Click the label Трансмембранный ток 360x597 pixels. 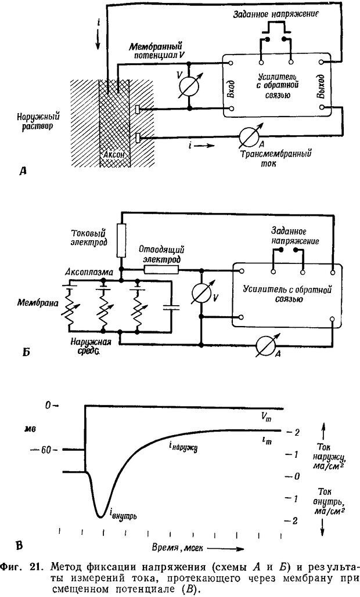pyautogui.click(x=282, y=158)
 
